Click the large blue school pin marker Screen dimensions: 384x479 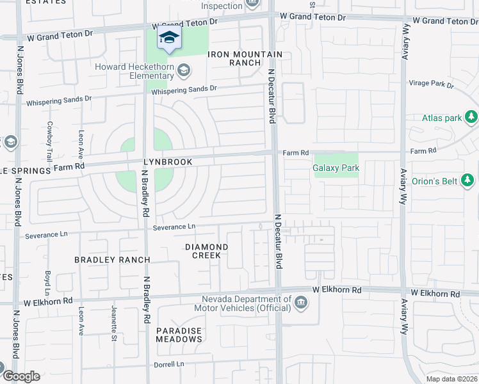point(169,39)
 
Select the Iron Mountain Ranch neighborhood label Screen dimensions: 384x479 point(235,58)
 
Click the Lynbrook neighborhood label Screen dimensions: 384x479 point(168,163)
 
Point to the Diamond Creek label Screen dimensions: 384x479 point(207,251)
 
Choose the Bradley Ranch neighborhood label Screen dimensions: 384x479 point(112,260)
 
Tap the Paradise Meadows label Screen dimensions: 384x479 point(179,335)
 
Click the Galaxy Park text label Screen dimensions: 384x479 point(336,168)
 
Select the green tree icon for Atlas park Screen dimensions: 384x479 point(471,117)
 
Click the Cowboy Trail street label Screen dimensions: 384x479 point(49,141)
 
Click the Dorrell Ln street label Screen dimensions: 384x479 point(169,365)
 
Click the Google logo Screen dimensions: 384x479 point(20,376)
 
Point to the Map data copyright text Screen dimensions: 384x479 point(451,379)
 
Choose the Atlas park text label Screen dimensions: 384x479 point(441,118)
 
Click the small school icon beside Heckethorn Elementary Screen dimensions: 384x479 point(183,68)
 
